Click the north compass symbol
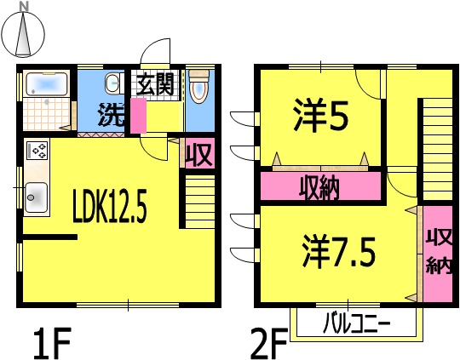[x=24, y=32]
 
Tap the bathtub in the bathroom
[x=47, y=84]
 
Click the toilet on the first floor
[x=198, y=87]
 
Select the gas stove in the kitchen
[x=37, y=151]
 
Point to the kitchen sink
[x=36, y=197]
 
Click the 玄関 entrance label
[x=156, y=84]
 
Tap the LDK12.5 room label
[x=109, y=206]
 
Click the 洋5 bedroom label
[x=321, y=115]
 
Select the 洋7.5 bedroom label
[x=339, y=254]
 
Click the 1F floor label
[x=52, y=343]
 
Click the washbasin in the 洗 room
[x=112, y=83]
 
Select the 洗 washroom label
[x=112, y=115]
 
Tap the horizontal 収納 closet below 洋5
[x=321, y=186]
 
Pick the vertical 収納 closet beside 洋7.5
[x=438, y=254]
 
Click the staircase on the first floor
[x=200, y=202]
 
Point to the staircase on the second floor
[x=437, y=150]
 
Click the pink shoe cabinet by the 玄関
[x=138, y=116]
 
